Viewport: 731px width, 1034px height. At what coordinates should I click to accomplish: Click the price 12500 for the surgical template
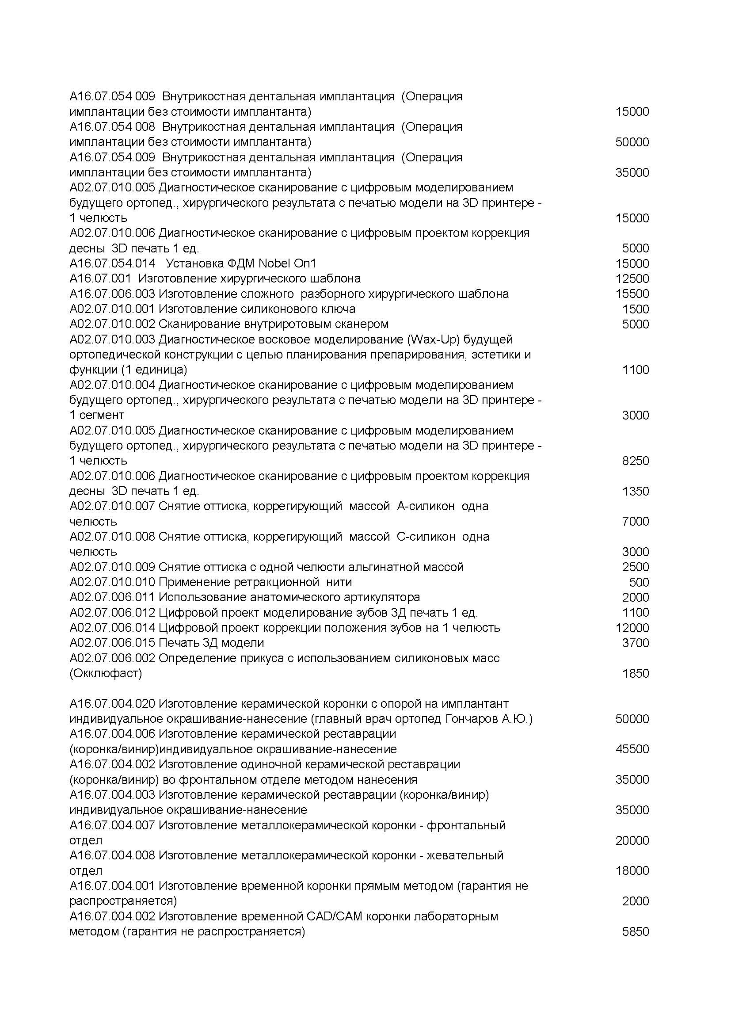[632, 279]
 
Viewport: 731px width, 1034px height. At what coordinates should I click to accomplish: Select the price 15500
[632, 294]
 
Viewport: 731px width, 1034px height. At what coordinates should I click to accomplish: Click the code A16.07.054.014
[113, 263]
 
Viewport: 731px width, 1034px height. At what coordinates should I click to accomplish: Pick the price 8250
[635, 461]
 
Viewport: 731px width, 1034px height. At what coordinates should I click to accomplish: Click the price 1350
[635, 491]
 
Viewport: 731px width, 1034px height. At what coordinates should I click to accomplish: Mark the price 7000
[635, 522]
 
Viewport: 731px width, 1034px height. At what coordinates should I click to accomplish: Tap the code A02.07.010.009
[113, 567]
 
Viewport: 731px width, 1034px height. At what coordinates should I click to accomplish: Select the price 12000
[632, 628]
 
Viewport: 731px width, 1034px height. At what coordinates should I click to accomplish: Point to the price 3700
[635, 643]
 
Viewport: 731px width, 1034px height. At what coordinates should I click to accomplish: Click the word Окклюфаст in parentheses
[106, 673]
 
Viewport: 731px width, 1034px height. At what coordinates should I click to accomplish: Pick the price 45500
[632, 749]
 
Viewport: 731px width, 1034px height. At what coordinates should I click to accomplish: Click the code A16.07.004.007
[113, 825]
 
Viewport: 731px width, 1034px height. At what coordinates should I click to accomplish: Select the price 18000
[632, 871]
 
